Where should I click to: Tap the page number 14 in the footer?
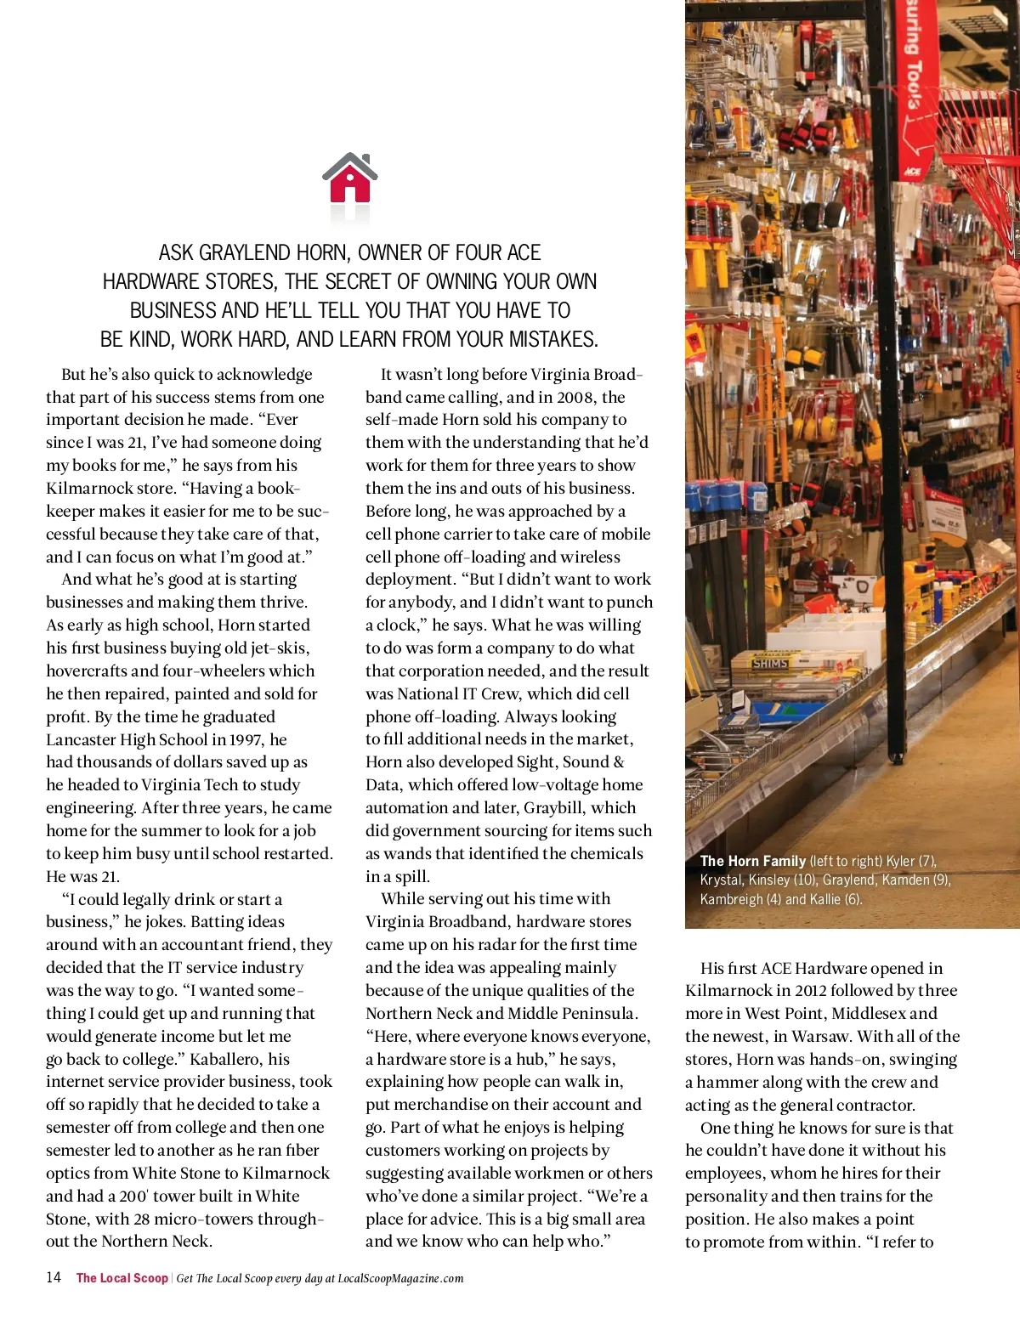pyautogui.click(x=54, y=1277)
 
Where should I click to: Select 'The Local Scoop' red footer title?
pyautogui.click(x=122, y=1278)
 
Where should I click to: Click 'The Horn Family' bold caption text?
pyautogui.click(x=752, y=861)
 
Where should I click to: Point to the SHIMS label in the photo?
pyautogui.click(x=770, y=663)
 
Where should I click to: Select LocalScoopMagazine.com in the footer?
pyautogui.click(x=400, y=1278)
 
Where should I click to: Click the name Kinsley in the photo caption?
pyautogui.click(x=769, y=880)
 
